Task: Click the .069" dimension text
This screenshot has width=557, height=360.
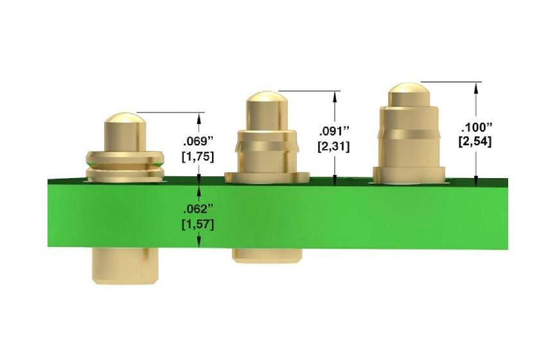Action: (197, 141)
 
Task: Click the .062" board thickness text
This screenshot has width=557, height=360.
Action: (197, 209)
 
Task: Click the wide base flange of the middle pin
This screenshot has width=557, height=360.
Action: (267, 175)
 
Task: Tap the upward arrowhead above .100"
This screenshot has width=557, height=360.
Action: (476, 86)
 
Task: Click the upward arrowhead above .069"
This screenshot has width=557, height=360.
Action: (200, 118)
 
